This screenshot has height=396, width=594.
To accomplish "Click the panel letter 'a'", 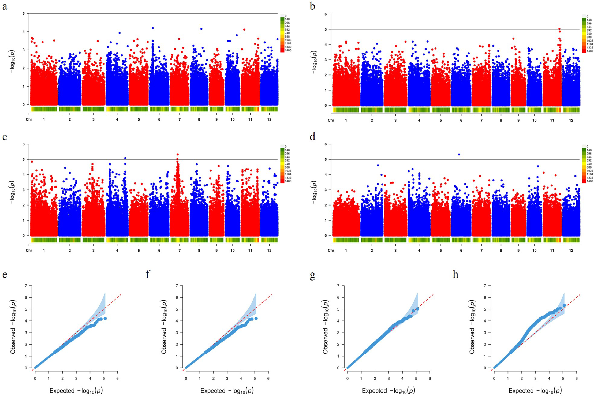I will click(5, 6).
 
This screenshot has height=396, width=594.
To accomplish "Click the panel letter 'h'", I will click(455, 275).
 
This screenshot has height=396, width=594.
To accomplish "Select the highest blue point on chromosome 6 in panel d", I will click(459, 154).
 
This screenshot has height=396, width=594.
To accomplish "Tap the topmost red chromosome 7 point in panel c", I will click(178, 155).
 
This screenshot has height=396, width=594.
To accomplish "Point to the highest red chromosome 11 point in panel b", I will click(559, 29).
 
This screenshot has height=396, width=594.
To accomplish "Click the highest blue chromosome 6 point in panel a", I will click(153, 28).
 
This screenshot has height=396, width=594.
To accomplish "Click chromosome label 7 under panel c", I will click(180, 251).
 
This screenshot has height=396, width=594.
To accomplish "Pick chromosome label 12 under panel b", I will click(571, 121).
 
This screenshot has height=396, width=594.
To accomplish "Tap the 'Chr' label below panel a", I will click(29, 119).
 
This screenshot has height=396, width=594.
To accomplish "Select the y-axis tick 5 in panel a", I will click(24, 13).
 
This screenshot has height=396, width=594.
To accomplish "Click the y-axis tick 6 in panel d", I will click(326, 144).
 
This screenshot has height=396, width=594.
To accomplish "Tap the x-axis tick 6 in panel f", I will click(268, 378).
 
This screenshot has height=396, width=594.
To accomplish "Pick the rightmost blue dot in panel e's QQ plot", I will click(105, 319).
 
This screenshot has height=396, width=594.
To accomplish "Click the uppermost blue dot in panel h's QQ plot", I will click(564, 305).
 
